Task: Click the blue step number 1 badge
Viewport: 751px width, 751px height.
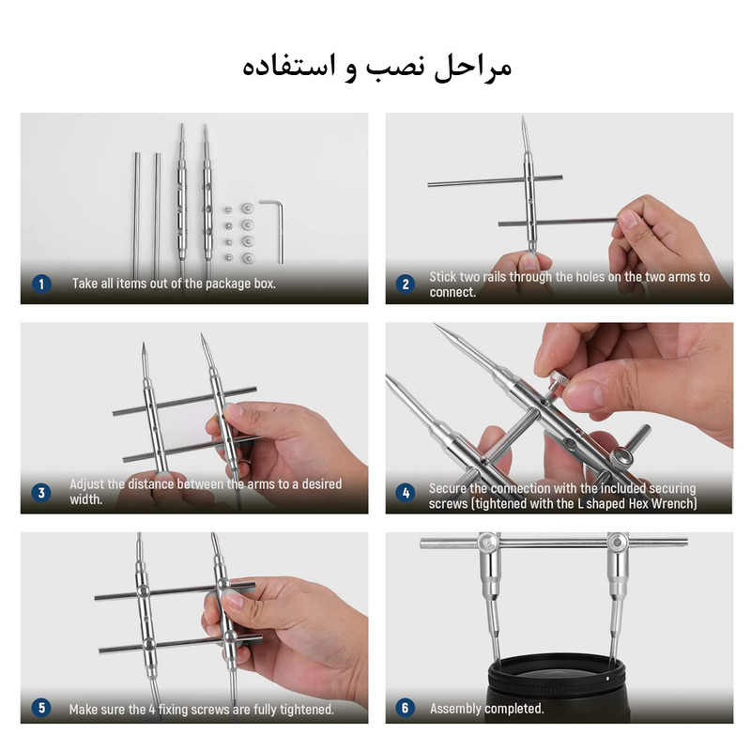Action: (x=41, y=284)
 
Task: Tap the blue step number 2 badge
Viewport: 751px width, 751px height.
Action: (x=406, y=284)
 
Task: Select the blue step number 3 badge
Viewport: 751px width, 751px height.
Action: (x=41, y=492)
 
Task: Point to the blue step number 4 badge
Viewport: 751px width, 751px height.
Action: (x=406, y=492)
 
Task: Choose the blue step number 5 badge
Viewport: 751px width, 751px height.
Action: (x=41, y=708)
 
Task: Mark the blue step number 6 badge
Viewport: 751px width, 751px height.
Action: (x=406, y=708)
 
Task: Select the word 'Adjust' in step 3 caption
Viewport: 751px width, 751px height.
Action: (x=86, y=484)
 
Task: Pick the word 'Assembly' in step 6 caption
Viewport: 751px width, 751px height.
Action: (x=455, y=709)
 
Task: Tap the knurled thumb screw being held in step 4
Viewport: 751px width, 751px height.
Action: (x=558, y=379)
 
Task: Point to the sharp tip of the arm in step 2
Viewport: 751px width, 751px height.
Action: (x=523, y=116)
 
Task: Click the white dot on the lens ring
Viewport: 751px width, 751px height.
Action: (x=607, y=678)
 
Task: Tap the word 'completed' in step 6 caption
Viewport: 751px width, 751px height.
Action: (x=513, y=709)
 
